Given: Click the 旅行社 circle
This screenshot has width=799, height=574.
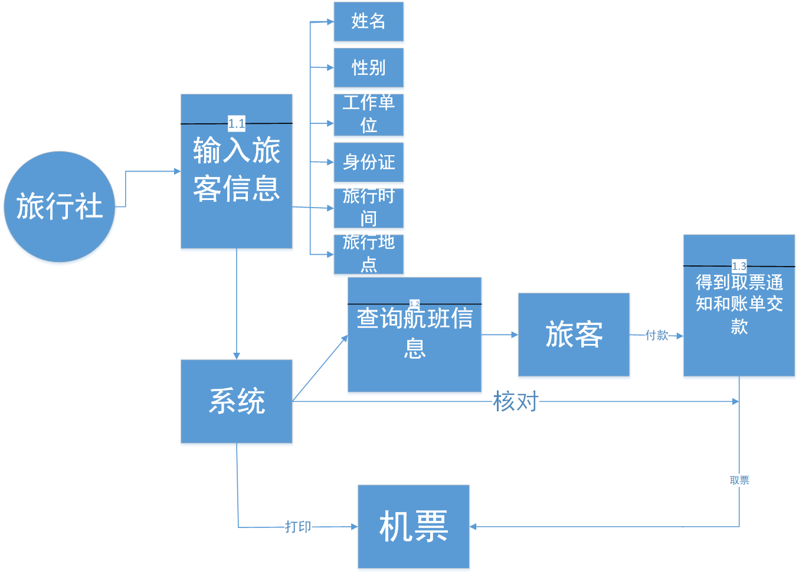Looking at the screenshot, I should (59, 206).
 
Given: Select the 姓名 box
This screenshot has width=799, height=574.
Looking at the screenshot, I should (368, 22).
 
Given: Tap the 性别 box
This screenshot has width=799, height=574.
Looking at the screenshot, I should (368, 68).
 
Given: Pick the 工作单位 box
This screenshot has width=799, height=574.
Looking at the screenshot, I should (368, 114).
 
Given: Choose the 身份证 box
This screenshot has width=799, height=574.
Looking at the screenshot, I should (368, 162).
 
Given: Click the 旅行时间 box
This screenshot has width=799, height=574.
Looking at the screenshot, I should (368, 208).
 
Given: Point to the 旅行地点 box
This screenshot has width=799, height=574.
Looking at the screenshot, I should (368, 254).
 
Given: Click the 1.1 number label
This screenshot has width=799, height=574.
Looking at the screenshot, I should (237, 124).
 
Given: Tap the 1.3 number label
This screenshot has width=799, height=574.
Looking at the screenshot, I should (739, 266).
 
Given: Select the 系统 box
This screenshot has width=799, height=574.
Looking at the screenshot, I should (236, 401).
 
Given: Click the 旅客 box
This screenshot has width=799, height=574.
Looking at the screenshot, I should (574, 334).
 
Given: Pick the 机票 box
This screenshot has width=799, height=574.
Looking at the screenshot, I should (413, 526).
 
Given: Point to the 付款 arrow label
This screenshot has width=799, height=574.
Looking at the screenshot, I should (657, 336).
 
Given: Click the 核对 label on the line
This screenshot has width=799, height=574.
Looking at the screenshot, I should (516, 401).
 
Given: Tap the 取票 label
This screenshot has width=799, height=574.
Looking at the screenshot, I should (739, 480).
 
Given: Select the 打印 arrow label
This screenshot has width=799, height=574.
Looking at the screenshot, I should (298, 526).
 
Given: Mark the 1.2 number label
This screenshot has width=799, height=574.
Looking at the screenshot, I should (414, 304).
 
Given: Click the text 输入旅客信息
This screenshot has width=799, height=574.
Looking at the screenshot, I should (236, 169).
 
